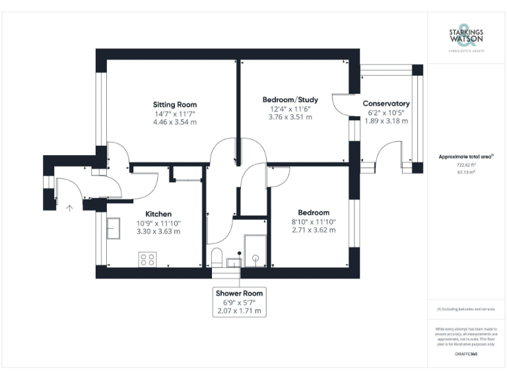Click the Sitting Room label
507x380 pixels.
point(175,104)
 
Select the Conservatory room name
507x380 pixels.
point(386,104)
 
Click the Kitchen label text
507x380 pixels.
point(158,214)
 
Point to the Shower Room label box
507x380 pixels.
point(239,301)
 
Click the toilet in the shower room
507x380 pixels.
point(216,257)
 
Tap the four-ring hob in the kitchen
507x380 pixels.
point(147,259)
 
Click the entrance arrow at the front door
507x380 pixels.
point(69,208)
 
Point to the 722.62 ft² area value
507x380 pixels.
point(466,165)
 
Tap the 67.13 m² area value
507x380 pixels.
point(466,172)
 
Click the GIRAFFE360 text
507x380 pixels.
point(466,354)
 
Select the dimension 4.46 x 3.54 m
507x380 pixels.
point(175,122)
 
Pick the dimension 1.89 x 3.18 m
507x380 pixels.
point(386,121)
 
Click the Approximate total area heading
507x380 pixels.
point(466,156)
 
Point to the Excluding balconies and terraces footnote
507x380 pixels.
point(466,309)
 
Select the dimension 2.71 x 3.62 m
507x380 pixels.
point(314,230)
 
